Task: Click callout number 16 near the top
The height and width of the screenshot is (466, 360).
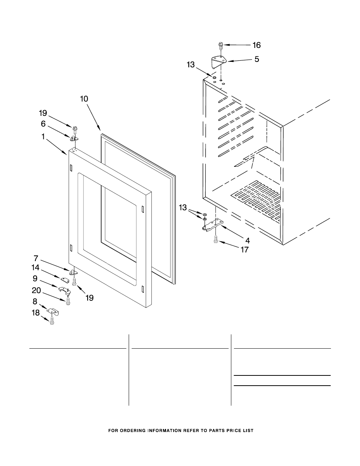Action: click(x=256, y=45)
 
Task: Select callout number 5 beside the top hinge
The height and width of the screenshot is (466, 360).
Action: click(x=257, y=59)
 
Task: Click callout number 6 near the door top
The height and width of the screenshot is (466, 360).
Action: click(x=43, y=123)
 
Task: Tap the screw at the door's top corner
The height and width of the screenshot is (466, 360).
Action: click(x=75, y=129)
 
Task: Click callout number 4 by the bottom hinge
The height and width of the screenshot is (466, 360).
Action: click(x=248, y=240)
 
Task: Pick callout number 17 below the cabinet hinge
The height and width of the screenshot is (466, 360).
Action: click(x=245, y=249)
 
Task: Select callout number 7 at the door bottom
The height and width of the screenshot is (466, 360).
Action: click(x=36, y=258)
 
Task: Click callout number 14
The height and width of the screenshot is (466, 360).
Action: click(x=35, y=268)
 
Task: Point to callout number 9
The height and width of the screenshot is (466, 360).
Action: click(x=35, y=278)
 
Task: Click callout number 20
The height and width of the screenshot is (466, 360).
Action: click(x=37, y=290)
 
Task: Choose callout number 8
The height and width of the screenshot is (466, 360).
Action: click(x=35, y=301)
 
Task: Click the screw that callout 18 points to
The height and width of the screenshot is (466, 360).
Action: click(x=52, y=321)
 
